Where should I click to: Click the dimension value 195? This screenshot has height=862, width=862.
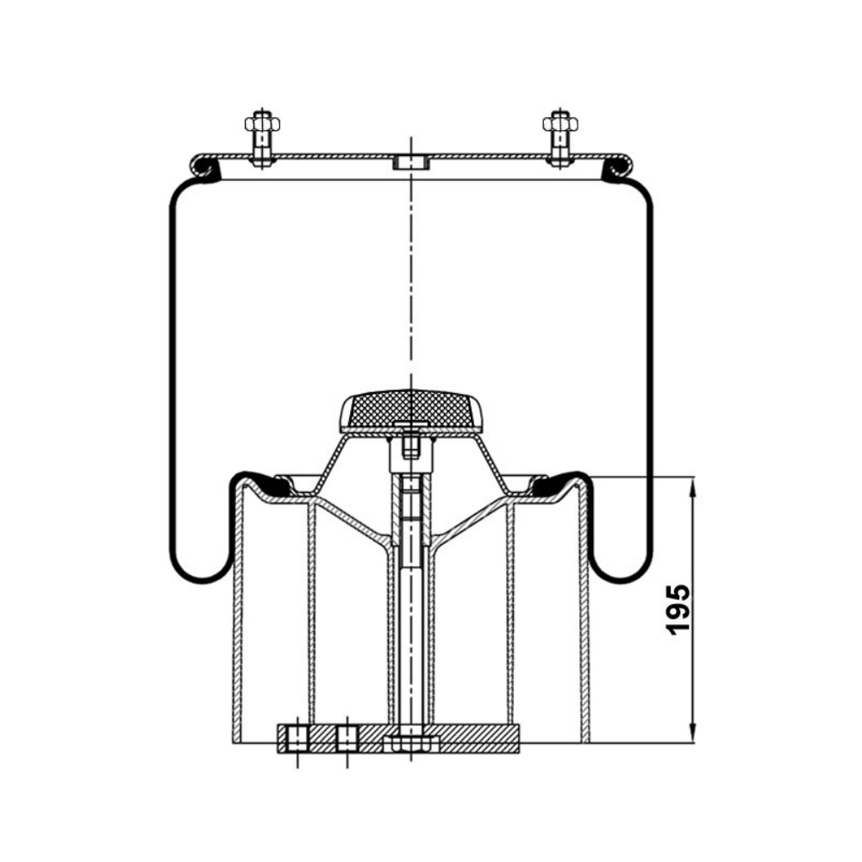(678, 609)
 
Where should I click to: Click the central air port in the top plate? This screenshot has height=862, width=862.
(411, 163)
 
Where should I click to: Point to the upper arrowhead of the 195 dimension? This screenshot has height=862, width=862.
(693, 487)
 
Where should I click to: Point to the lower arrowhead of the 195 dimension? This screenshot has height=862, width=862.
(693, 734)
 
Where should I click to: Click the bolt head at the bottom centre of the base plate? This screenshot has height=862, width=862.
(411, 746)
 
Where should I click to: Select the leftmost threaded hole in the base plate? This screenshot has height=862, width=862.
(297, 739)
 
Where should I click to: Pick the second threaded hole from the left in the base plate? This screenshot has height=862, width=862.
(347, 739)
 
